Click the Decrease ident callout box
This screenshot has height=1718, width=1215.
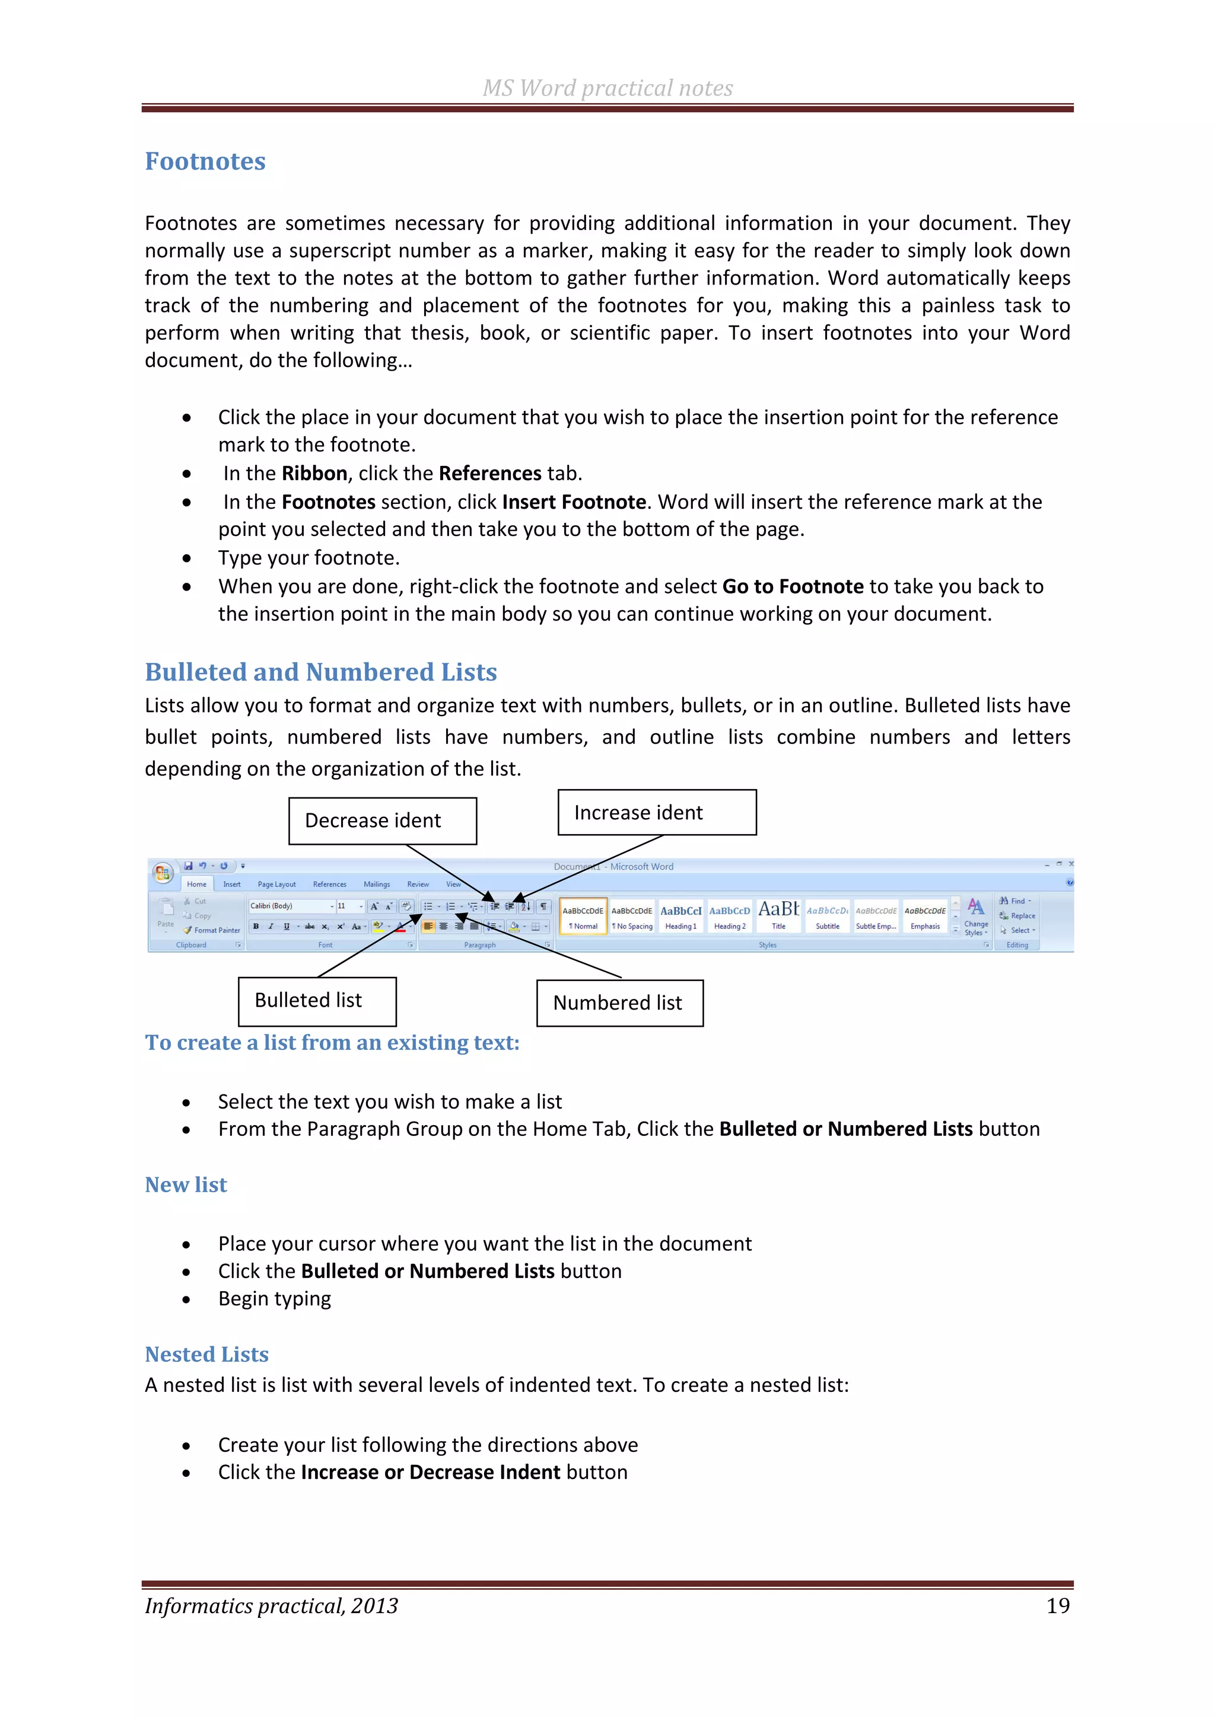(x=383, y=821)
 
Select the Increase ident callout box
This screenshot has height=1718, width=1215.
(x=657, y=813)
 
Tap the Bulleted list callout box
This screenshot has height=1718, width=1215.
(x=317, y=1001)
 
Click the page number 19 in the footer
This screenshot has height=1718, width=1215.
(x=1057, y=1606)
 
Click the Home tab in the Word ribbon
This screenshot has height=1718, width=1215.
(x=197, y=884)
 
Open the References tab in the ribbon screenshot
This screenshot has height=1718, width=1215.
(x=329, y=884)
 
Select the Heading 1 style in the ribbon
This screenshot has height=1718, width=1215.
(x=680, y=917)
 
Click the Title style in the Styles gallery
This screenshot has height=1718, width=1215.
(x=778, y=917)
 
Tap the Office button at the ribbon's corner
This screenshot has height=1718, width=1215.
(x=163, y=873)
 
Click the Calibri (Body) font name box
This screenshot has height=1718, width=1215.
(x=289, y=906)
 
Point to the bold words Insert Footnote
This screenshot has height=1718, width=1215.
(x=574, y=502)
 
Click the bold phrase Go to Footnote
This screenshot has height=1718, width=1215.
(x=793, y=587)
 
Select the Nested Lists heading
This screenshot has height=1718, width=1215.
(x=206, y=1355)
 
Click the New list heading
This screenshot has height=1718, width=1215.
(x=186, y=1184)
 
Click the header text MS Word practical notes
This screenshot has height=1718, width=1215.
(x=607, y=88)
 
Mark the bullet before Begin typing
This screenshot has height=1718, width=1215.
(x=186, y=1299)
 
